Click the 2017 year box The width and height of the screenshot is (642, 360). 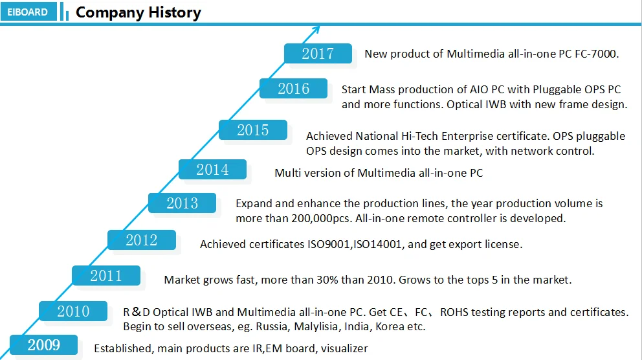318,53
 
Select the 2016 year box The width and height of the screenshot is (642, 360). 293,88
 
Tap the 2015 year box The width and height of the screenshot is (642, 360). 252,130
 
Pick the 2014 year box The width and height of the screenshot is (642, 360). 212,170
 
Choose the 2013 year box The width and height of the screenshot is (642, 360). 182,203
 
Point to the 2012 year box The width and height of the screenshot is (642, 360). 141,240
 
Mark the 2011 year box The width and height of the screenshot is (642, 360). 105,276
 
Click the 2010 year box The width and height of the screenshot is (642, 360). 72,311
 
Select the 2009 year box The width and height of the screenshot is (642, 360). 43,345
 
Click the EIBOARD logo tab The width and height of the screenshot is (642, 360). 28,12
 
